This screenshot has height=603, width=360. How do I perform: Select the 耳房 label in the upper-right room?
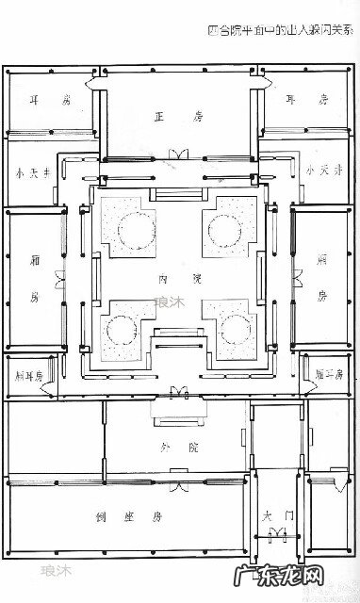(311, 99)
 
